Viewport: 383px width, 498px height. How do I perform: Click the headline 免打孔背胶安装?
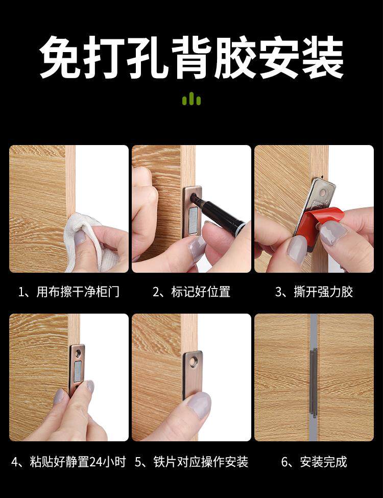pyautogui.click(x=191, y=58)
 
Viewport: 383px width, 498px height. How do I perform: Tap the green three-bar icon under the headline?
pyautogui.click(x=192, y=99)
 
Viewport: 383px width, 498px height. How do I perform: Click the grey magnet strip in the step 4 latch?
pyautogui.click(x=78, y=372)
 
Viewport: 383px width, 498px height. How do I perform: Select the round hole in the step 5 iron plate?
pyautogui.click(x=193, y=360)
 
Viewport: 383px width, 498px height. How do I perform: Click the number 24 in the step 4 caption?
pyautogui.click(x=96, y=462)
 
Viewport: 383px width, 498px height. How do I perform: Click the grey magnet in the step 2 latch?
pyautogui.click(x=193, y=221)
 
